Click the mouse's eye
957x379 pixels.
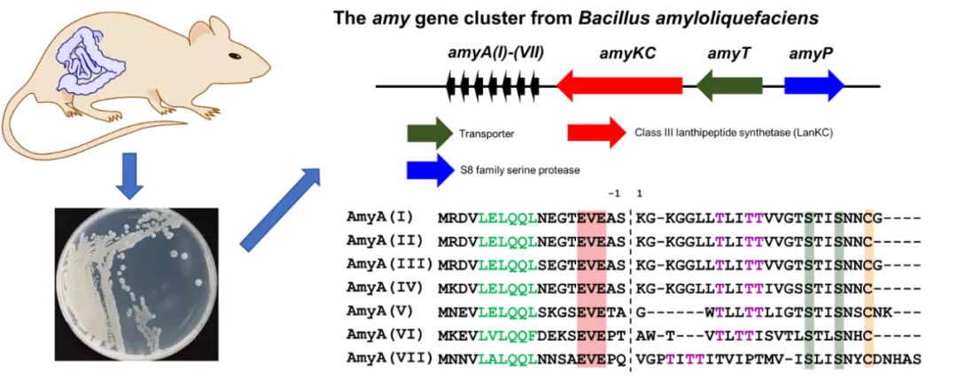(233, 56)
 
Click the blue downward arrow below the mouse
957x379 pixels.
(129, 175)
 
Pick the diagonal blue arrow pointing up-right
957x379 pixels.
(280, 210)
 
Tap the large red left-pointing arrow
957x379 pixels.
(619, 86)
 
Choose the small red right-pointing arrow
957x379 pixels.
(596, 133)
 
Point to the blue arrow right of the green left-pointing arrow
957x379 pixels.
(813, 86)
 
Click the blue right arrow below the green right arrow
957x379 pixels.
(430, 170)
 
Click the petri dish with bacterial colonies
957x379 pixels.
(136, 284)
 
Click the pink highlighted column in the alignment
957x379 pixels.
(591, 289)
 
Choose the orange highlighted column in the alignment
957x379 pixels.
(868, 289)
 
